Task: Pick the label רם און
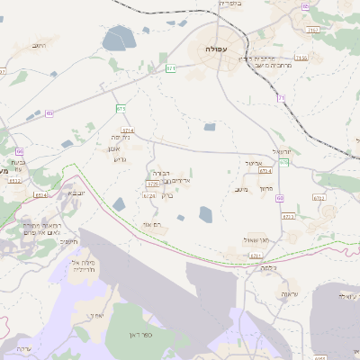point(151,223)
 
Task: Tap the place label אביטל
point(252,163)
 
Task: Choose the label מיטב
point(240,189)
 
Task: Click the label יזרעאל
point(283,152)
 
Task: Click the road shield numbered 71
point(281,97)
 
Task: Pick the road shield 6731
point(288,217)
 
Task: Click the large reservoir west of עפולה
point(118,38)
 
